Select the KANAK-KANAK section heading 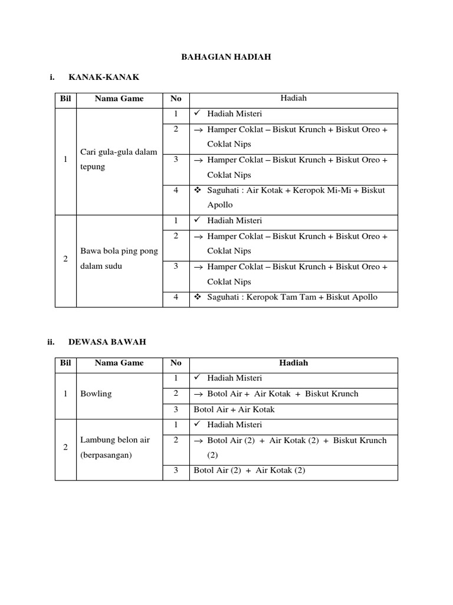pyautogui.click(x=104, y=77)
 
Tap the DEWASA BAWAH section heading pyautogui.click(x=107, y=341)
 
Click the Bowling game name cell pyautogui.click(x=96, y=393)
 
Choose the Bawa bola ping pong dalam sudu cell pyautogui.click(x=118, y=258)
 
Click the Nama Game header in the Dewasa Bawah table pyautogui.click(x=119, y=363)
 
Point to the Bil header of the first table pyautogui.click(x=65, y=99)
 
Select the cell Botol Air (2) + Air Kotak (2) pyautogui.click(x=248, y=470)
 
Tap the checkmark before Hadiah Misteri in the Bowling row pyautogui.click(x=197, y=378)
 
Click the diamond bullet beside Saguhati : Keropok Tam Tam pyautogui.click(x=198, y=297)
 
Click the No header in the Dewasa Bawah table pyautogui.click(x=176, y=363)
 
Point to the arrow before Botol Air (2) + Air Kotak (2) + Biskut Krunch pyautogui.click(x=198, y=441)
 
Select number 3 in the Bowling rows pyautogui.click(x=176, y=409)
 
